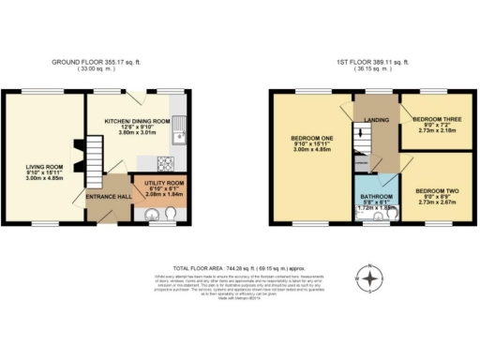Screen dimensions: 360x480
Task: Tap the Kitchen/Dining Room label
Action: tap(142, 121)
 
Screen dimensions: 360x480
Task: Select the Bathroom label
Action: tap(378, 197)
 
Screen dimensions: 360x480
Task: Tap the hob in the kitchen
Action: tap(170, 161)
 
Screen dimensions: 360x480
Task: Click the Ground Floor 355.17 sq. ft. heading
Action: tap(97, 63)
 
